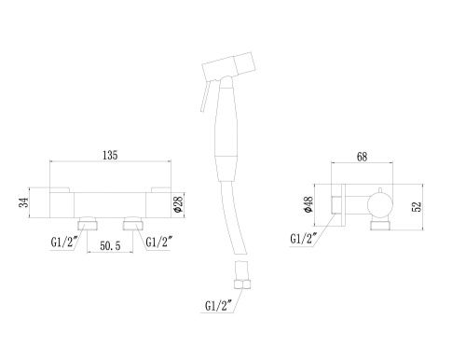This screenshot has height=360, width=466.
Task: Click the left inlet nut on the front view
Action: point(90,223)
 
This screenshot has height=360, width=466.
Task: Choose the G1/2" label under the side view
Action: point(304,238)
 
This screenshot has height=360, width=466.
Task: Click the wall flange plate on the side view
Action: point(342,203)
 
